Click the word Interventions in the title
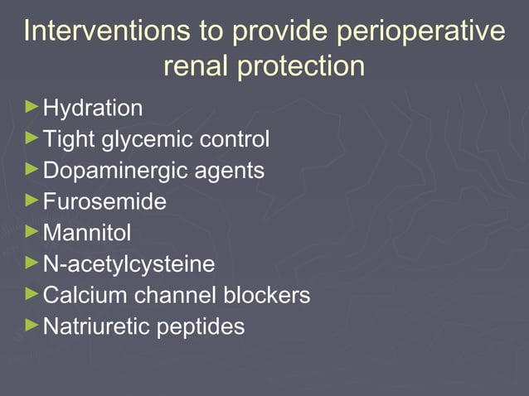click(99, 31)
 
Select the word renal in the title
click(197, 66)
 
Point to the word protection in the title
click(300, 66)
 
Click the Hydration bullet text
click(92, 109)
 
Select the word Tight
click(68, 140)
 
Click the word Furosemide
click(104, 201)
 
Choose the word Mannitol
click(87, 233)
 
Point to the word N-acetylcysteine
click(129, 264)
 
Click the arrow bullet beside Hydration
click(32, 107)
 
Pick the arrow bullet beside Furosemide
click(32, 200)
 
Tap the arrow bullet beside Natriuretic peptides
click(32, 325)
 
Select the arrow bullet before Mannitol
click(32, 231)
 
